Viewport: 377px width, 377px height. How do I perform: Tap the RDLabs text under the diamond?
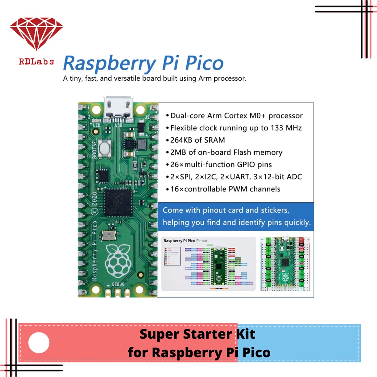tap(36, 61)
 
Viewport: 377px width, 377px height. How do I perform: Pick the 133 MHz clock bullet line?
tap(236, 128)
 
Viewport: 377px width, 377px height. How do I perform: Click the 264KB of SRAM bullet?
tap(197, 140)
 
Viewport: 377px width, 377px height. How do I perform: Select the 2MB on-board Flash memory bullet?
tap(226, 152)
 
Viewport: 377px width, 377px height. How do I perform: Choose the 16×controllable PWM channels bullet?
tap(225, 189)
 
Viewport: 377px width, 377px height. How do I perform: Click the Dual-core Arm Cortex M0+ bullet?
tap(236, 116)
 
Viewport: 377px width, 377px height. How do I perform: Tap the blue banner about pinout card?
tap(236, 216)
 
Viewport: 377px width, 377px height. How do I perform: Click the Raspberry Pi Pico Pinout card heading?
tap(185, 240)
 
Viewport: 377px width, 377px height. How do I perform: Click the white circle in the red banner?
tap(39, 343)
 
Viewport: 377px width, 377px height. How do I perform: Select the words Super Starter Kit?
tap(197, 334)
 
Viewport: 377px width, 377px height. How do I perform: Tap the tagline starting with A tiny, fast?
tap(155, 78)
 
